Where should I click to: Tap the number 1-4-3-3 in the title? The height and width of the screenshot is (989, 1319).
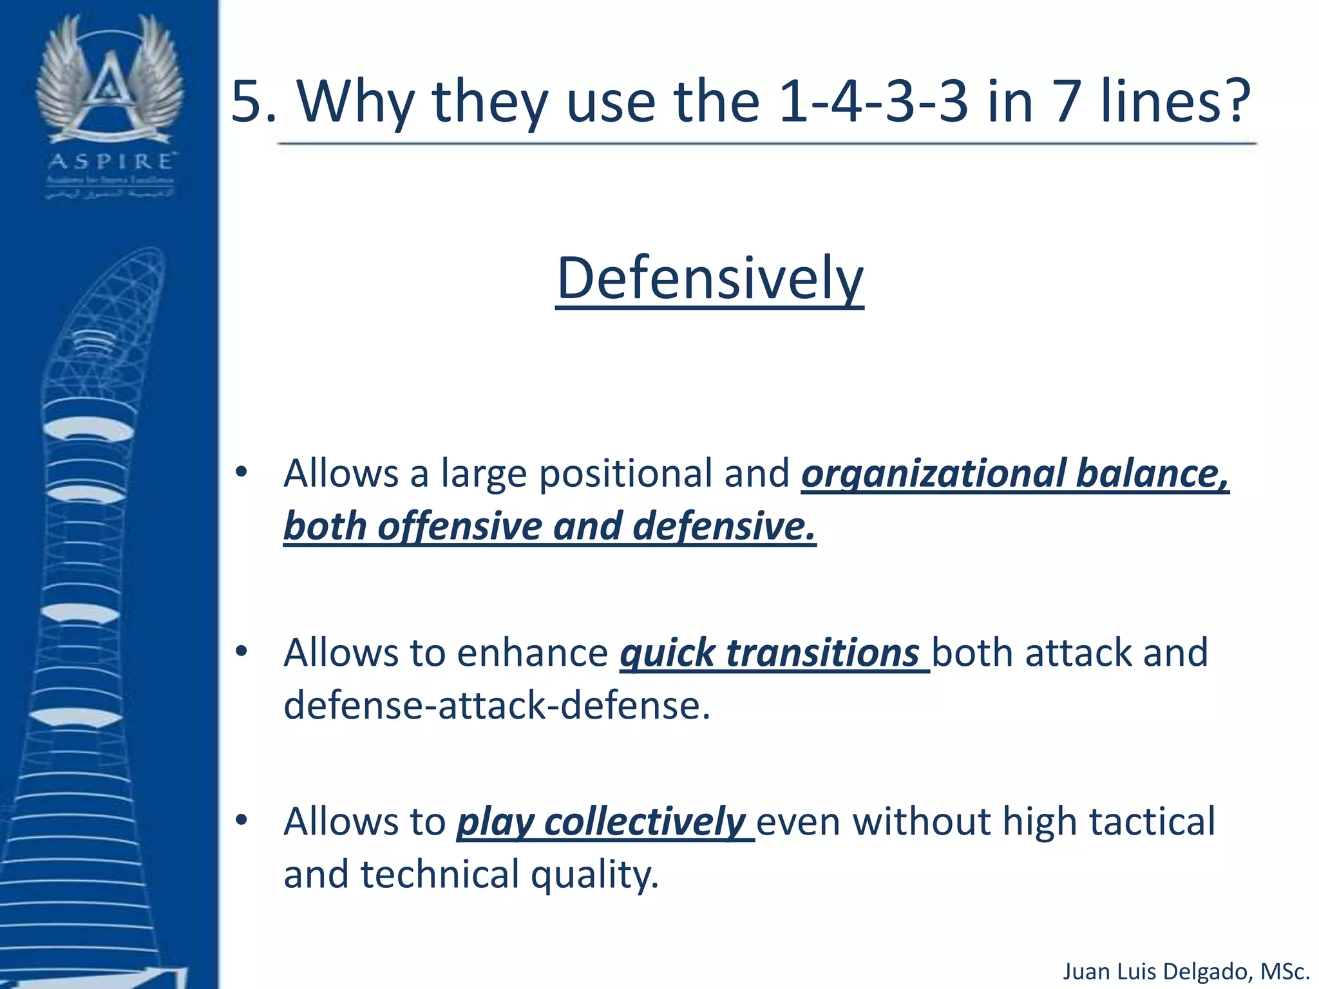click(873, 102)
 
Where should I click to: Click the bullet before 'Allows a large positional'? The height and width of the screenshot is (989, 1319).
click(242, 473)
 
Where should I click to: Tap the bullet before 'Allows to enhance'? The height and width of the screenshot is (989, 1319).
click(242, 652)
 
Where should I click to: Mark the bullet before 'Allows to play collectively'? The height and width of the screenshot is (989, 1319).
click(242, 820)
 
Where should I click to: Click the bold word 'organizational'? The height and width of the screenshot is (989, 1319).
click(934, 474)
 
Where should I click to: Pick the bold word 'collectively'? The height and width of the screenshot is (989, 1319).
click(644, 822)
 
